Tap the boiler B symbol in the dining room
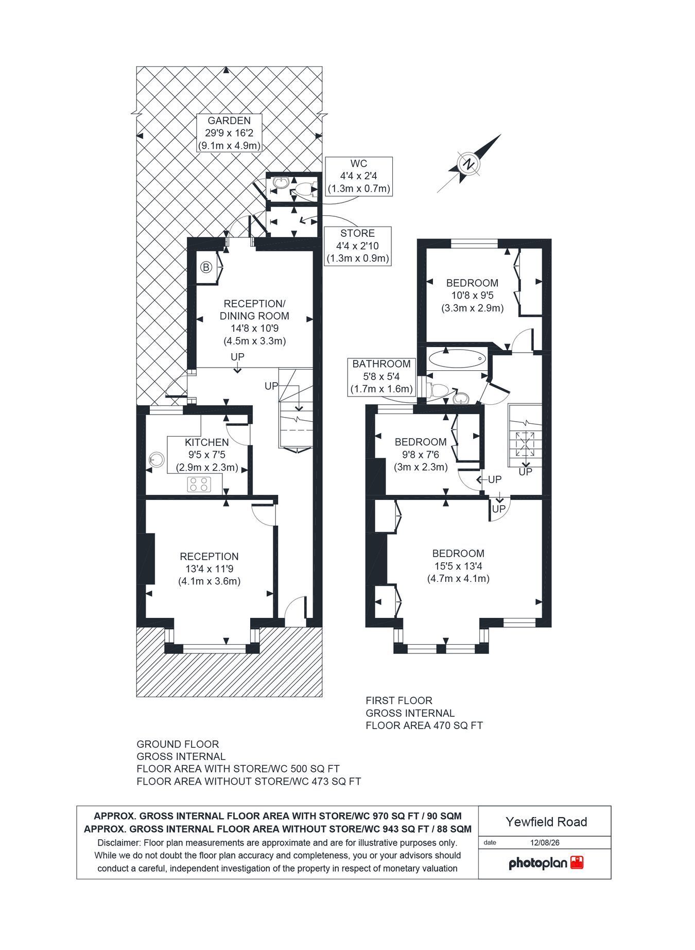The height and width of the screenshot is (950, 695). [x=206, y=267]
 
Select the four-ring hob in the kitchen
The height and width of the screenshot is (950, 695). [x=199, y=484]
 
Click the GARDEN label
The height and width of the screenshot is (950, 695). [x=229, y=121]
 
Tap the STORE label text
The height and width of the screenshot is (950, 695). [x=357, y=233]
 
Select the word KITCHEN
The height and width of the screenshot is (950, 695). [x=207, y=442]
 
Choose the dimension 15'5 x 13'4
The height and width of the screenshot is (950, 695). [x=458, y=566]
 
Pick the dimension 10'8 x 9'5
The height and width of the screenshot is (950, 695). [x=472, y=296]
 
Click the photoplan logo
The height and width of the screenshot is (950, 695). [x=546, y=863]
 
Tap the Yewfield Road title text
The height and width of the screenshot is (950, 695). [x=546, y=822]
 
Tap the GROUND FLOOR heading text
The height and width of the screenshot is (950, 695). [x=178, y=744]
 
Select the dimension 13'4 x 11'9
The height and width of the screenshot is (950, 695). [x=210, y=569]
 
